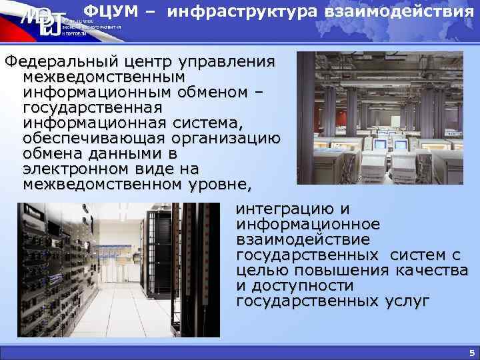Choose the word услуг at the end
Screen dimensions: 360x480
(407, 301)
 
